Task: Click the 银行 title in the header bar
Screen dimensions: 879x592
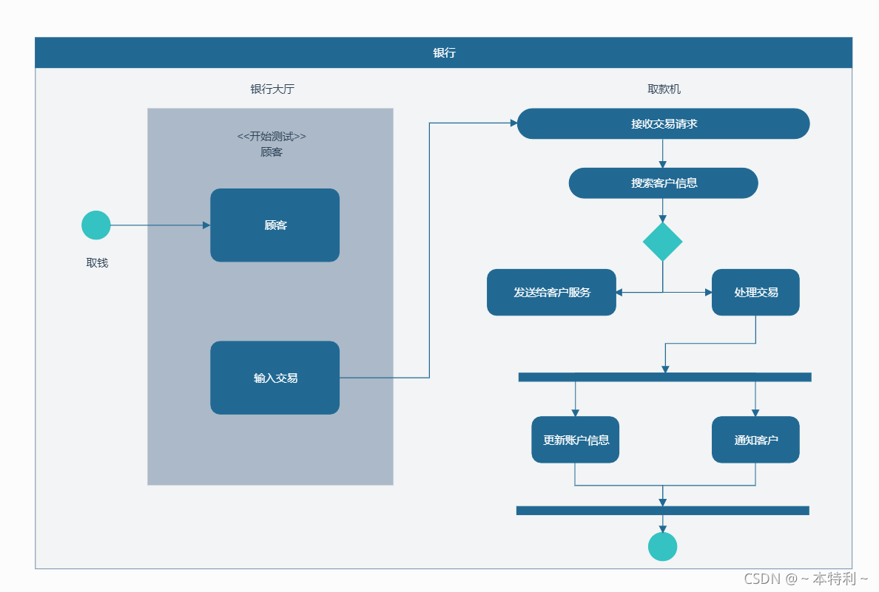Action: click(x=444, y=52)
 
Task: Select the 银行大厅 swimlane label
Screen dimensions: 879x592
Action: click(x=272, y=89)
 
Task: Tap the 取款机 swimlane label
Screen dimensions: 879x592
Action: click(x=664, y=89)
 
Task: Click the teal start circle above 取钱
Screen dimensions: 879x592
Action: click(x=96, y=225)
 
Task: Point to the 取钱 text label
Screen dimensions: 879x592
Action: click(x=97, y=262)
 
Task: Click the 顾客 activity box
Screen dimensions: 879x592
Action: click(x=275, y=225)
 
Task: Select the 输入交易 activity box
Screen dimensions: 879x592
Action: click(x=275, y=378)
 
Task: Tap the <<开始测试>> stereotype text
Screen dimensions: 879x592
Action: click(x=272, y=136)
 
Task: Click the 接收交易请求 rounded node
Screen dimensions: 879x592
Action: click(x=663, y=123)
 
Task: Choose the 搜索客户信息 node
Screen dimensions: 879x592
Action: click(x=663, y=183)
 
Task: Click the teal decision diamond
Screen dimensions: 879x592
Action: click(x=663, y=242)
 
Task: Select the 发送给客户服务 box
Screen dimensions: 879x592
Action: click(x=552, y=293)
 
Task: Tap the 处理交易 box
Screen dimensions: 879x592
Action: click(x=755, y=293)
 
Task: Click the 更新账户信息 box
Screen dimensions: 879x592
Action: click(x=575, y=440)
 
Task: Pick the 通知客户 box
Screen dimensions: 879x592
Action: click(x=755, y=440)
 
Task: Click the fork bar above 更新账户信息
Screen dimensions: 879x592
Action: click(x=665, y=377)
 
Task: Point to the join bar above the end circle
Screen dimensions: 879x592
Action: click(x=663, y=510)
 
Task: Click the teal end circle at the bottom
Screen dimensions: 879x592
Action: click(x=663, y=547)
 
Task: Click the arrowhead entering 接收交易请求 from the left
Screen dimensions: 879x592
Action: click(x=513, y=123)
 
